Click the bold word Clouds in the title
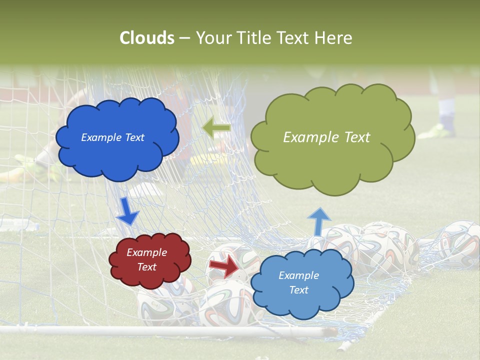(x=147, y=38)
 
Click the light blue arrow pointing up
(x=318, y=221)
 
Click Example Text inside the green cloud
(x=326, y=137)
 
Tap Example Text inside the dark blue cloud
(x=112, y=137)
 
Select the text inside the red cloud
(x=146, y=259)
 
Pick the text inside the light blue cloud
(x=298, y=282)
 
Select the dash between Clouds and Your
(x=184, y=38)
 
